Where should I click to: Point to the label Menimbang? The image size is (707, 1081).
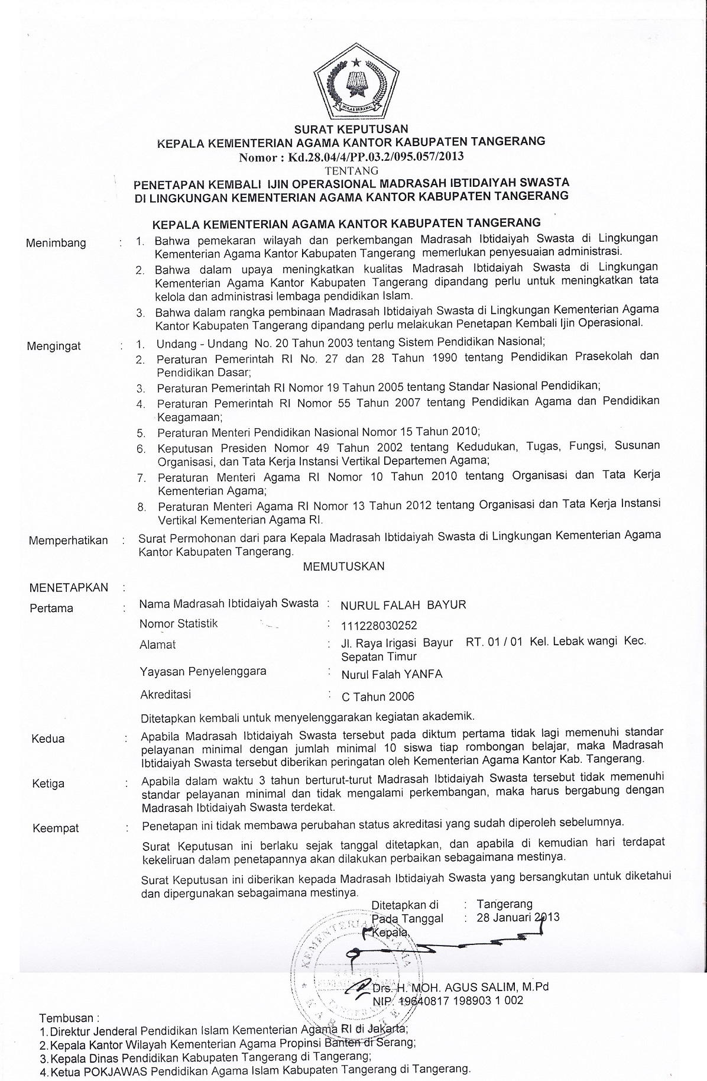56,243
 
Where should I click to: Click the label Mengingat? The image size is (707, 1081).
54,346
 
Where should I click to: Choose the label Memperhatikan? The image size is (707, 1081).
69,540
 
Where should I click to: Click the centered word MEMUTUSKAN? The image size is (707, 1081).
343,566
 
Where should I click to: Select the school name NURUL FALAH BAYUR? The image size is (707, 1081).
404,604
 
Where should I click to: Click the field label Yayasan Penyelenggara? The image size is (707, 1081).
203,671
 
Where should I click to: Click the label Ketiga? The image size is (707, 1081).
48,784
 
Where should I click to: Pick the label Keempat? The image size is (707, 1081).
56,828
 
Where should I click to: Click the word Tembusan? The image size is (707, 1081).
67,1018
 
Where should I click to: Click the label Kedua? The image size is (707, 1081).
48,739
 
